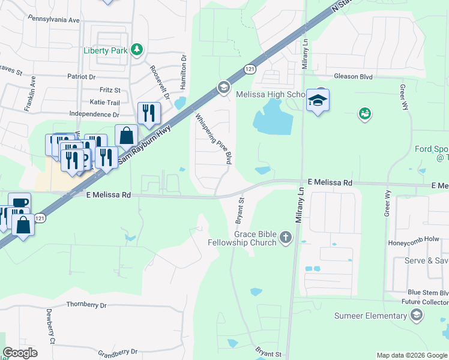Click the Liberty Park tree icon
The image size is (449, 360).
click(137, 50)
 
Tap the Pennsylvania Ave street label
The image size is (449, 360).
click(53, 20)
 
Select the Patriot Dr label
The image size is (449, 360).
click(81, 77)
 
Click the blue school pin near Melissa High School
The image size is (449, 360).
click(318, 100)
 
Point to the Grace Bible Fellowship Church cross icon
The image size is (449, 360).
click(285, 238)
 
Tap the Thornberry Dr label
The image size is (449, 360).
click(86, 305)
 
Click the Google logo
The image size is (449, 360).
click(20, 353)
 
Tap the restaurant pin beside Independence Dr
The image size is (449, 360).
click(148, 112)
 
